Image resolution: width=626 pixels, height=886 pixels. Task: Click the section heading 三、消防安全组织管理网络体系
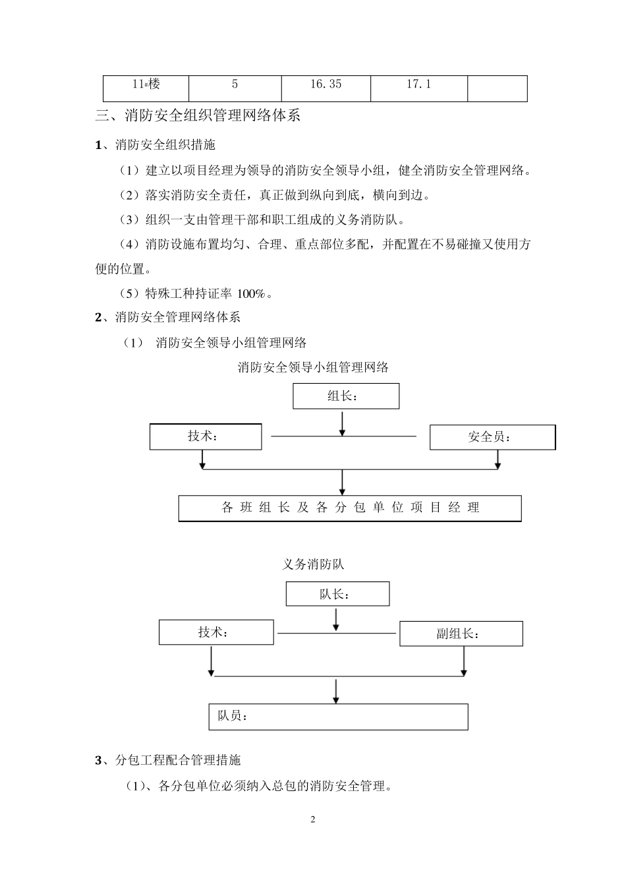(x=198, y=116)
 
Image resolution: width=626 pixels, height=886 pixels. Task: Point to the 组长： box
(x=346, y=396)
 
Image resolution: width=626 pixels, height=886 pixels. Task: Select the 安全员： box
(x=492, y=437)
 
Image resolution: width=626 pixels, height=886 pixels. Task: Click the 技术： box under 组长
(x=206, y=437)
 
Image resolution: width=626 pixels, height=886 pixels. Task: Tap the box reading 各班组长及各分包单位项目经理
(x=350, y=508)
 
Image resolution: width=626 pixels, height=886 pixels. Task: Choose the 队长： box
(x=337, y=594)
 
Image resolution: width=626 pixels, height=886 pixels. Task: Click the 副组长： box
(x=461, y=634)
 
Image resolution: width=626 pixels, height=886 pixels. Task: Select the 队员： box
(x=337, y=717)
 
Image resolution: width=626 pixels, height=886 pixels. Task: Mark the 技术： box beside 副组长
(x=216, y=633)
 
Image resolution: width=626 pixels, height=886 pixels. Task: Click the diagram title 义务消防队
(x=313, y=564)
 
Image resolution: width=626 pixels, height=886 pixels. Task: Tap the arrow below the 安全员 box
(x=498, y=459)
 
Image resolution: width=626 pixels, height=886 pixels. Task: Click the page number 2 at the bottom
(x=313, y=820)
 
